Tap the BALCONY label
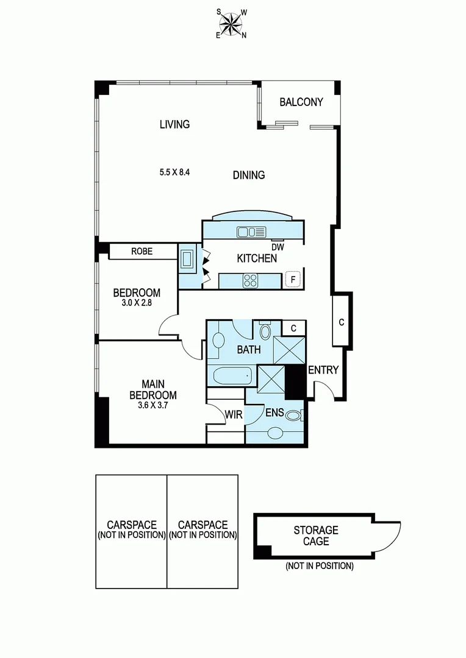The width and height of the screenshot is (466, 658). (301, 102)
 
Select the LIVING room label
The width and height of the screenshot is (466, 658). (174, 124)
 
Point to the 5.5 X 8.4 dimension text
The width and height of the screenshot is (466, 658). (174, 172)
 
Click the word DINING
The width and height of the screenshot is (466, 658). (249, 175)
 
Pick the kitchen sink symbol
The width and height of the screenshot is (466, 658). (251, 232)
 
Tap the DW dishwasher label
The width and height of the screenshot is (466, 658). (278, 247)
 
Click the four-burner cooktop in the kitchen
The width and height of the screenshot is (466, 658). (251, 281)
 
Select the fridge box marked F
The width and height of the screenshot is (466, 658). (293, 280)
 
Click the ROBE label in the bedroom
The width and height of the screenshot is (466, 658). (142, 251)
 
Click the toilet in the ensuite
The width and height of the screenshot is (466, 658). (293, 417)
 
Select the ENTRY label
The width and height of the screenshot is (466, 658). (323, 370)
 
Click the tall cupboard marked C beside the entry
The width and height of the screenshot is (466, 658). (341, 322)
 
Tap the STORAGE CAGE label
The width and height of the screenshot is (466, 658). (315, 536)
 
